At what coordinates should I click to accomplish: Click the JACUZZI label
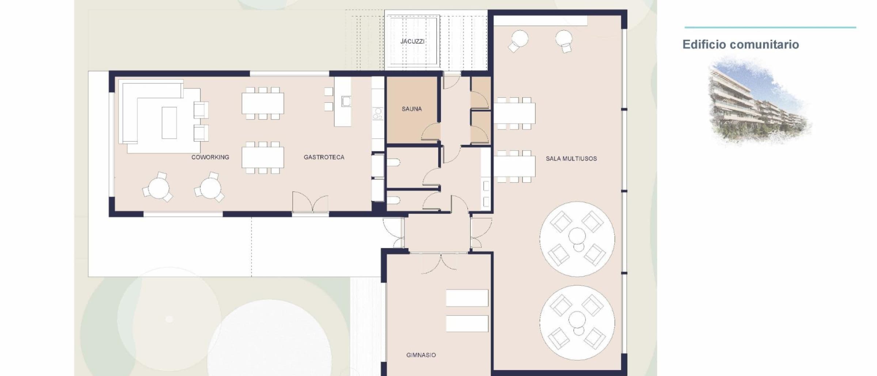coord(412,41)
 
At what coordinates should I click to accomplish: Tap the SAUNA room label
coord(411,109)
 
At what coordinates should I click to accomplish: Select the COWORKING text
coord(210,157)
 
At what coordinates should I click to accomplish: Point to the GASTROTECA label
coord(324,157)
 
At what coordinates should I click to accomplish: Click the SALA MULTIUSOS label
coord(571,159)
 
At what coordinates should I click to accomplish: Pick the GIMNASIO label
coord(421,355)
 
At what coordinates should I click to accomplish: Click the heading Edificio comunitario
coord(741,45)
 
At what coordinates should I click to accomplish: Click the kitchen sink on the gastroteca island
coord(346,101)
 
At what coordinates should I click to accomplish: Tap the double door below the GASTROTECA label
coord(310,202)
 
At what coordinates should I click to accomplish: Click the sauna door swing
coord(430,132)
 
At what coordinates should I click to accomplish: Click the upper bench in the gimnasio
coord(467,298)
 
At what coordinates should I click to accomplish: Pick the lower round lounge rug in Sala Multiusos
coord(577,323)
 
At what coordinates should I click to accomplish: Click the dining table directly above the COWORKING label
coord(263,157)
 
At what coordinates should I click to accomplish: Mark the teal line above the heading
coord(770,27)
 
